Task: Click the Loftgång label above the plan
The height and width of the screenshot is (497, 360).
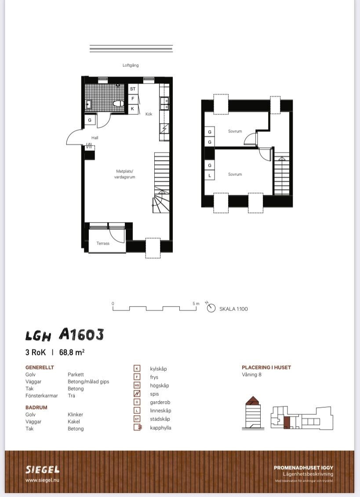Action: coord(131,65)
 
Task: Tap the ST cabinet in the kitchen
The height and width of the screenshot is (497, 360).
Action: coord(133,89)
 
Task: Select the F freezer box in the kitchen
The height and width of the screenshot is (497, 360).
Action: coord(133,99)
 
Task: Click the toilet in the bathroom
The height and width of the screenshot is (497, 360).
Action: coord(119,104)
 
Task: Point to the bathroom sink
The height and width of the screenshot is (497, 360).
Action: coord(88,104)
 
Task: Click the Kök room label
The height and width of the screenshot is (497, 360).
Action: coord(149,114)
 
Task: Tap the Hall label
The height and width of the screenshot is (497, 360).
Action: coord(95,138)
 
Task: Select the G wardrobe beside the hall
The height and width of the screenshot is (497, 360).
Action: coord(90,120)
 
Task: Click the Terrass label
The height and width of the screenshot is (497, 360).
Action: coord(103,243)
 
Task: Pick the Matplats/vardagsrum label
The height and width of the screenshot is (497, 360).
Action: coord(124,174)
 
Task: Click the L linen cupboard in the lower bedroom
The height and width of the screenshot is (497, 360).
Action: coord(210,175)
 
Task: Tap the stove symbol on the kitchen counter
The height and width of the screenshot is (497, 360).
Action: coord(164,128)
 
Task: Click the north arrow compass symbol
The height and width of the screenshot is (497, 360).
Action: coord(211,307)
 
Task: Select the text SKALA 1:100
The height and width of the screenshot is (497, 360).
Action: coord(233,309)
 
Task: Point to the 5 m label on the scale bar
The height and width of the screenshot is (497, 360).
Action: coord(196,303)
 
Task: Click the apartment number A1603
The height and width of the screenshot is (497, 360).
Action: coord(81,334)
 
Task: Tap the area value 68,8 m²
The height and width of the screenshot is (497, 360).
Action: coord(72,352)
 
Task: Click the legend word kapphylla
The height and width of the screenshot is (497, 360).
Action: coord(160,428)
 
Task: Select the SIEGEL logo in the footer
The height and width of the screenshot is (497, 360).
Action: coord(43,469)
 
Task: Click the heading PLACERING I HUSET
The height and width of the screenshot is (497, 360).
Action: coord(266,367)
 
